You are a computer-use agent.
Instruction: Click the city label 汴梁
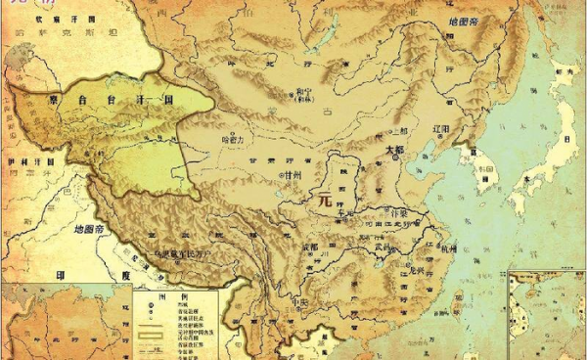pyautogui.click(x=398, y=213)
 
